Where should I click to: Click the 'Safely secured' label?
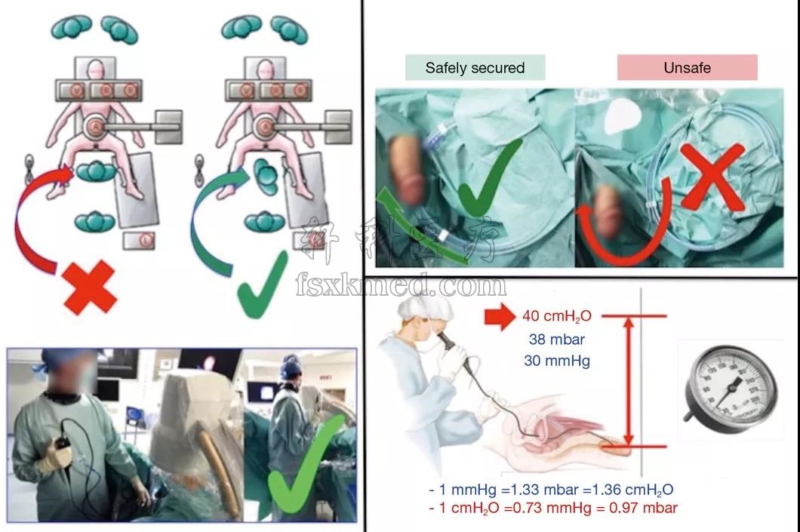click(x=475, y=68)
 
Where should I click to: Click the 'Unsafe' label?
click(x=687, y=68)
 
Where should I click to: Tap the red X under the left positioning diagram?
click(x=90, y=287)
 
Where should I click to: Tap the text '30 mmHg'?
click(x=557, y=361)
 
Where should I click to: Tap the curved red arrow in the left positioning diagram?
click(x=38, y=219)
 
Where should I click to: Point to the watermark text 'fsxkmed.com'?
click(x=401, y=285)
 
